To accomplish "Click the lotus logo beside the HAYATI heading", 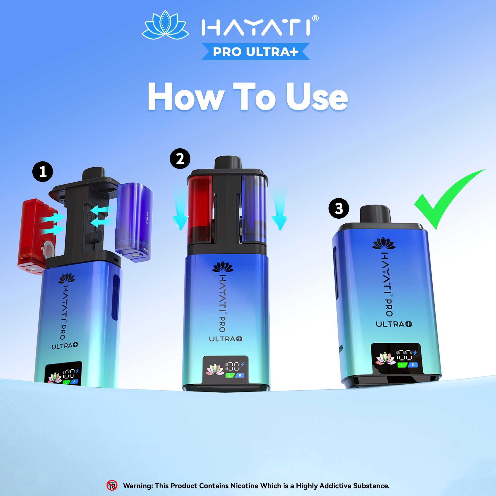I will point(165,25).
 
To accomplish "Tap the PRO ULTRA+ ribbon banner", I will point(255,52).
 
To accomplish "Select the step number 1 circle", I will point(43,172).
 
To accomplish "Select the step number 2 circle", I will point(180,159).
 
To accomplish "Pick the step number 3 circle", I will point(339,209).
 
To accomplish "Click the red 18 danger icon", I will point(112,485).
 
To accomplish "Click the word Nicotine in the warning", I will point(244,486).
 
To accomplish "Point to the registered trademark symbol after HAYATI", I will point(315,18).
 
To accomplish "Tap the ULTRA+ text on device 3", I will point(394,324).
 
